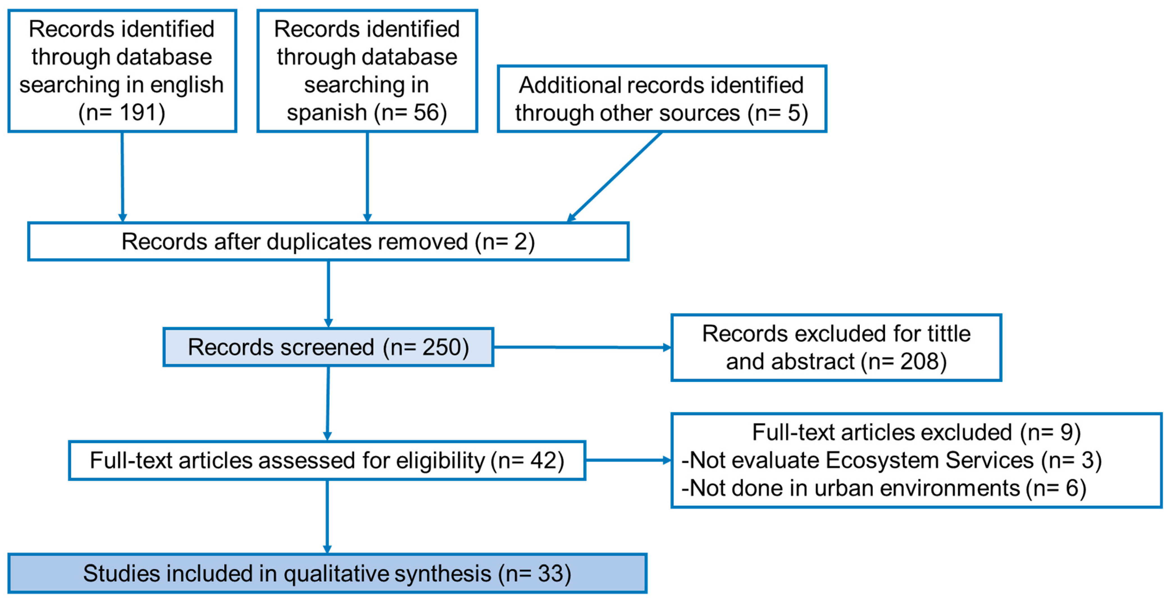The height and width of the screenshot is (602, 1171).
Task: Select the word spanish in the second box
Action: [326, 113]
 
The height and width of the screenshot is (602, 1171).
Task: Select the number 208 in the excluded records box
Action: [920, 362]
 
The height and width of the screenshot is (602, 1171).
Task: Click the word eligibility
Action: [441, 460]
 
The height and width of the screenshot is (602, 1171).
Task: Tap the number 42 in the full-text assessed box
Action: [543, 460]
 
